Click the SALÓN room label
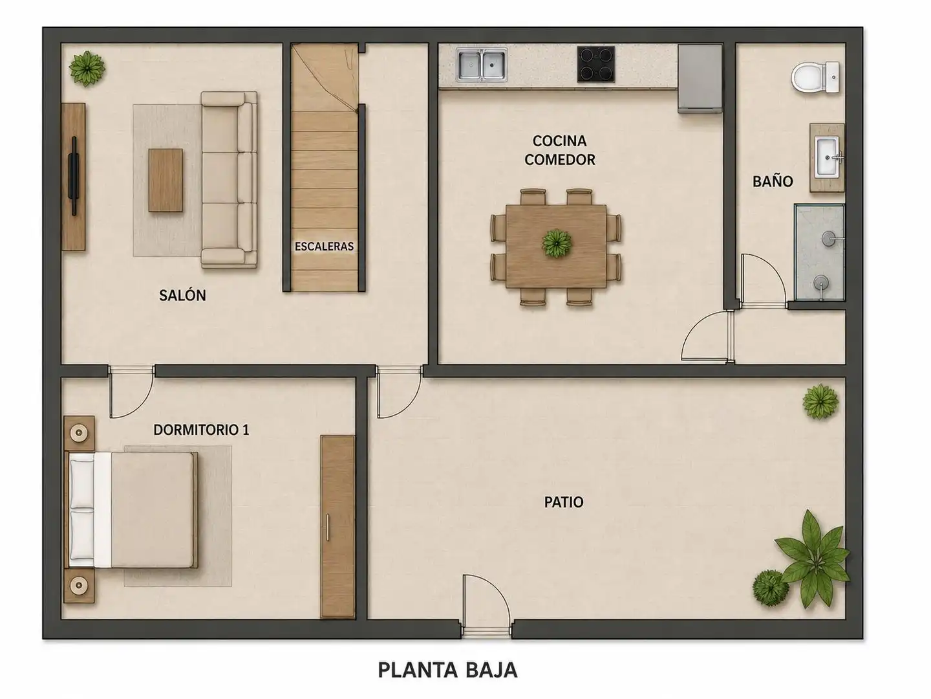click(182, 295)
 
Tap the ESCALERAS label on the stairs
click(324, 247)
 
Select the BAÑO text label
click(773, 182)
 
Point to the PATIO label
click(564, 502)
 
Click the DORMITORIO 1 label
click(201, 430)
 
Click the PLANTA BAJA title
click(447, 670)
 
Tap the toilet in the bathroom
click(815, 78)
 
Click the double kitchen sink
click(481, 65)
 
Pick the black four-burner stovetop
click(596, 64)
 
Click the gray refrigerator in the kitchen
click(700, 79)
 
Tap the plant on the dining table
click(557, 243)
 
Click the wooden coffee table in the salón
click(166, 180)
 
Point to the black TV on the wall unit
click(74, 175)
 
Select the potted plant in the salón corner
click(87, 69)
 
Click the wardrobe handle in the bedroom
click(328, 527)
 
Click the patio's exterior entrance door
click(486, 603)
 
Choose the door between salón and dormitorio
click(131, 392)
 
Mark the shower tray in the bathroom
click(819, 252)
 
